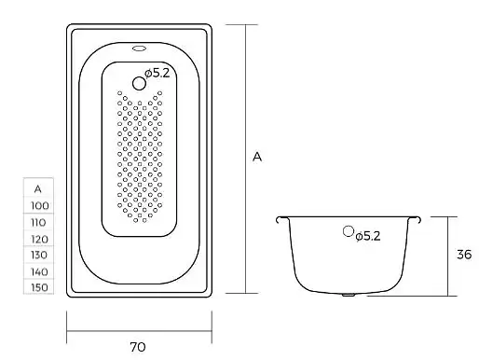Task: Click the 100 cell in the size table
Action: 39,205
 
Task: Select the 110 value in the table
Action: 38,222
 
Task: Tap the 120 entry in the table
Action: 39,239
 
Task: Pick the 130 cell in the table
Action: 39,255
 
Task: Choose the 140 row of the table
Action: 39,271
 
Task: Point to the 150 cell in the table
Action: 39,287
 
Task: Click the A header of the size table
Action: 37,188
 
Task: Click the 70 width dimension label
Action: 138,347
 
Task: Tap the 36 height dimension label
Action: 464,255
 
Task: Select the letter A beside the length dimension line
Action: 257,157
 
